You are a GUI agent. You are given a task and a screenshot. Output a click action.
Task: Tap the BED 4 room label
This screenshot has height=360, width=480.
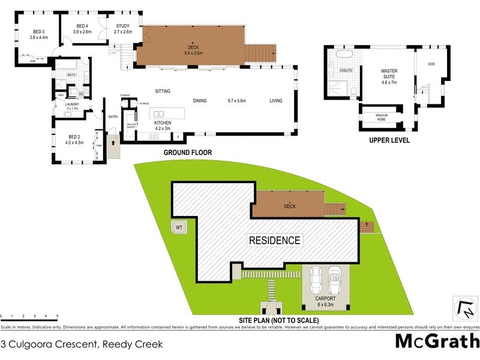pyautogui.click(x=82, y=26)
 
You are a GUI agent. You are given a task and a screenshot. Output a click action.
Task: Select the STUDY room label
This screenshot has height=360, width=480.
pyautogui.click(x=123, y=26)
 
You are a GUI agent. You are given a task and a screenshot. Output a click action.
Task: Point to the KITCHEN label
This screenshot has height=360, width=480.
pyautogui.click(x=146, y=122)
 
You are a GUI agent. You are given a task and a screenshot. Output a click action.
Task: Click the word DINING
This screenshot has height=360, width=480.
pyautogui.click(x=200, y=101)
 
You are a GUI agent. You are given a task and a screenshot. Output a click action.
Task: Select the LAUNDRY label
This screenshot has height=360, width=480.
pyautogui.click(x=71, y=104)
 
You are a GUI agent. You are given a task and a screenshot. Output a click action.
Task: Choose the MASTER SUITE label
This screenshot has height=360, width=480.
pyautogui.click(x=389, y=71)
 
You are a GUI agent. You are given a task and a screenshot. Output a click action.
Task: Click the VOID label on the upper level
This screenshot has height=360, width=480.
pyautogui.click(x=431, y=64)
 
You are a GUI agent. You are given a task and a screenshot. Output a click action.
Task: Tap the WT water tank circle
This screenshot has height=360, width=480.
pyautogui.click(x=178, y=227)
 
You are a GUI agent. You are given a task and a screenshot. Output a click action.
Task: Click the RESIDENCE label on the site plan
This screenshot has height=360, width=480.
pyautogui.click(x=275, y=241)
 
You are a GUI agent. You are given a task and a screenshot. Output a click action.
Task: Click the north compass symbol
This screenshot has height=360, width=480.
pyautogui.click(x=464, y=309)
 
